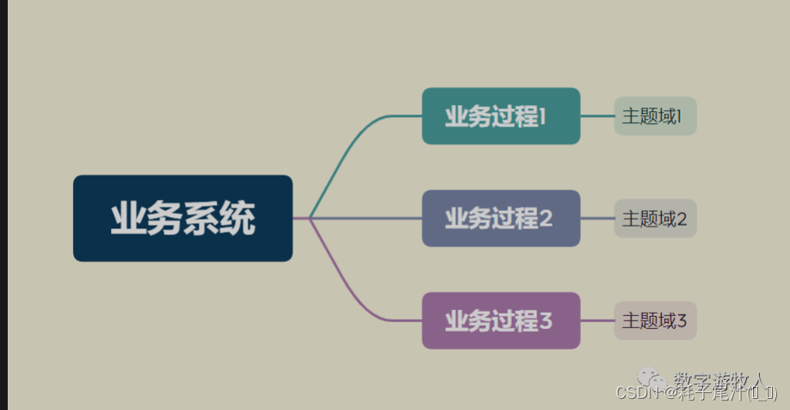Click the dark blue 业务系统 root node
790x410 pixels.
pyautogui.click(x=182, y=218)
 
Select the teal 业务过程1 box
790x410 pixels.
pyautogui.click(x=501, y=115)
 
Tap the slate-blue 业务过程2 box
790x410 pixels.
pyautogui.click(x=501, y=218)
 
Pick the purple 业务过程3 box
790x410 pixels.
pyautogui.click(x=501, y=320)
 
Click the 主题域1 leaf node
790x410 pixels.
pyautogui.click(x=654, y=116)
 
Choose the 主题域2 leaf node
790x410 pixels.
pyautogui.click(x=654, y=219)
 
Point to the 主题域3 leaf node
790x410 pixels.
pyautogui.click(x=654, y=321)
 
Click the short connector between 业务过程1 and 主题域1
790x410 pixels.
pyautogui.click(x=597, y=115)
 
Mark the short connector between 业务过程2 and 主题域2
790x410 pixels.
pyautogui.click(x=597, y=218)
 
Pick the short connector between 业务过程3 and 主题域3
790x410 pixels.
pyautogui.click(x=597, y=320)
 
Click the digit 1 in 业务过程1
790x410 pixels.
pyautogui.click(x=543, y=116)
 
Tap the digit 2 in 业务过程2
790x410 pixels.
pyautogui.click(x=545, y=219)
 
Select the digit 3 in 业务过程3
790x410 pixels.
pyautogui.click(x=545, y=321)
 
